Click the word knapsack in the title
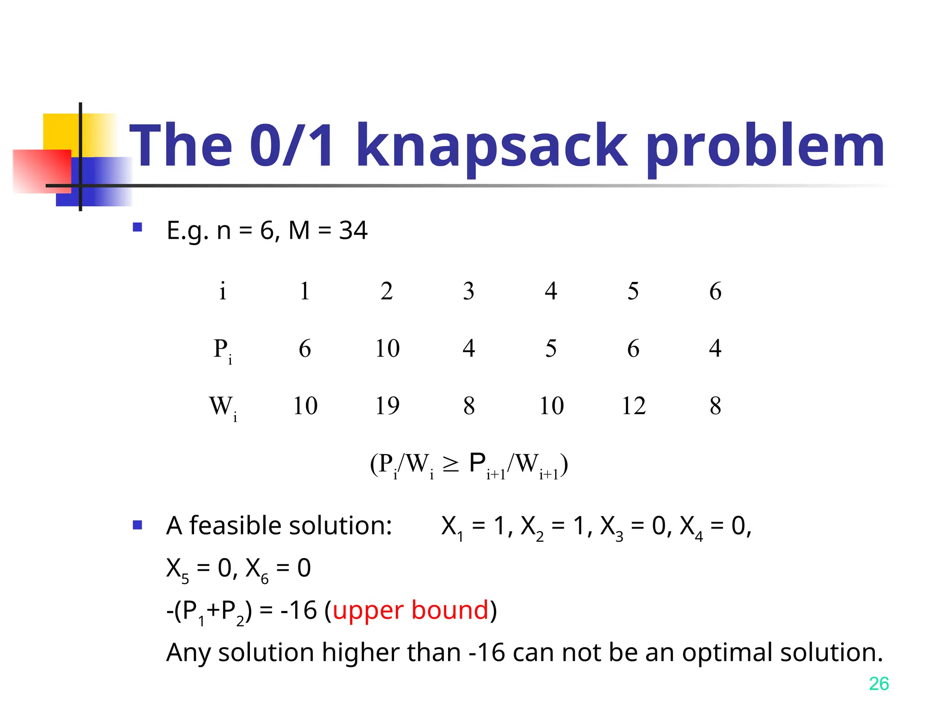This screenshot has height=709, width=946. pos(491,147)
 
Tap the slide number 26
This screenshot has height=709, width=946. pos(878,684)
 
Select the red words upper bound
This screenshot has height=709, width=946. pos(410,610)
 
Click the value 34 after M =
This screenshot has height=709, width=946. pos(353,230)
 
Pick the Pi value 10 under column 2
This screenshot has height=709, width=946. pos(387,348)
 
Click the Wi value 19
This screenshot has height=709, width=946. pos(387,406)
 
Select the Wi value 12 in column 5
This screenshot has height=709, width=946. pos(633,406)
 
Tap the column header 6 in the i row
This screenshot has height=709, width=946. pos(715,291)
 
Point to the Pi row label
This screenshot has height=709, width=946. pos(222,350)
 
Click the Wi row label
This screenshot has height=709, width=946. pos(222,408)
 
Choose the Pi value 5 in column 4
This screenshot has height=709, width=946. pos(551,348)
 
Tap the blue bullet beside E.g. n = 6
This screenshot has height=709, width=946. pos(137,227)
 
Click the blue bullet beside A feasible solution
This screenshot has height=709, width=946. pos(137,525)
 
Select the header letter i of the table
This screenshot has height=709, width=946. pos(223,291)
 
